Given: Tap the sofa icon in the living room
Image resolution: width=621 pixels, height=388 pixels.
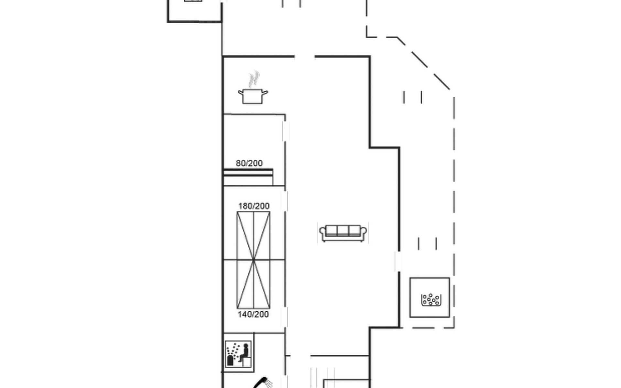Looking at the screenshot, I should (x=343, y=233).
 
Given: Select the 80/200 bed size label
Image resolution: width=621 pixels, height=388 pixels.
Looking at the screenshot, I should (x=249, y=163).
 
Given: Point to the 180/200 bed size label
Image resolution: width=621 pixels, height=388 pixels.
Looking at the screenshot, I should (x=254, y=206).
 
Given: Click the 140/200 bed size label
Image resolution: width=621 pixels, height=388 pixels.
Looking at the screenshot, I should (x=253, y=314).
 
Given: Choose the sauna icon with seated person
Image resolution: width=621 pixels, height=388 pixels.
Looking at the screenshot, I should (x=238, y=354).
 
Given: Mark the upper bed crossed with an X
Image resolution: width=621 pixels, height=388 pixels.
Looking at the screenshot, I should (x=254, y=236).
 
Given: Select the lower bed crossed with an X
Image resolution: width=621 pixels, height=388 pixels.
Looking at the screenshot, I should (x=254, y=284).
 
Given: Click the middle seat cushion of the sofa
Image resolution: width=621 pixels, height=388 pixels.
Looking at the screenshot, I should (x=343, y=230).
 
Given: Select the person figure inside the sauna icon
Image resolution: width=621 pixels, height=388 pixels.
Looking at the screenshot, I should (x=245, y=353).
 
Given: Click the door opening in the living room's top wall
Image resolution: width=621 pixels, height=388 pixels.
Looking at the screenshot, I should (x=304, y=57).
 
